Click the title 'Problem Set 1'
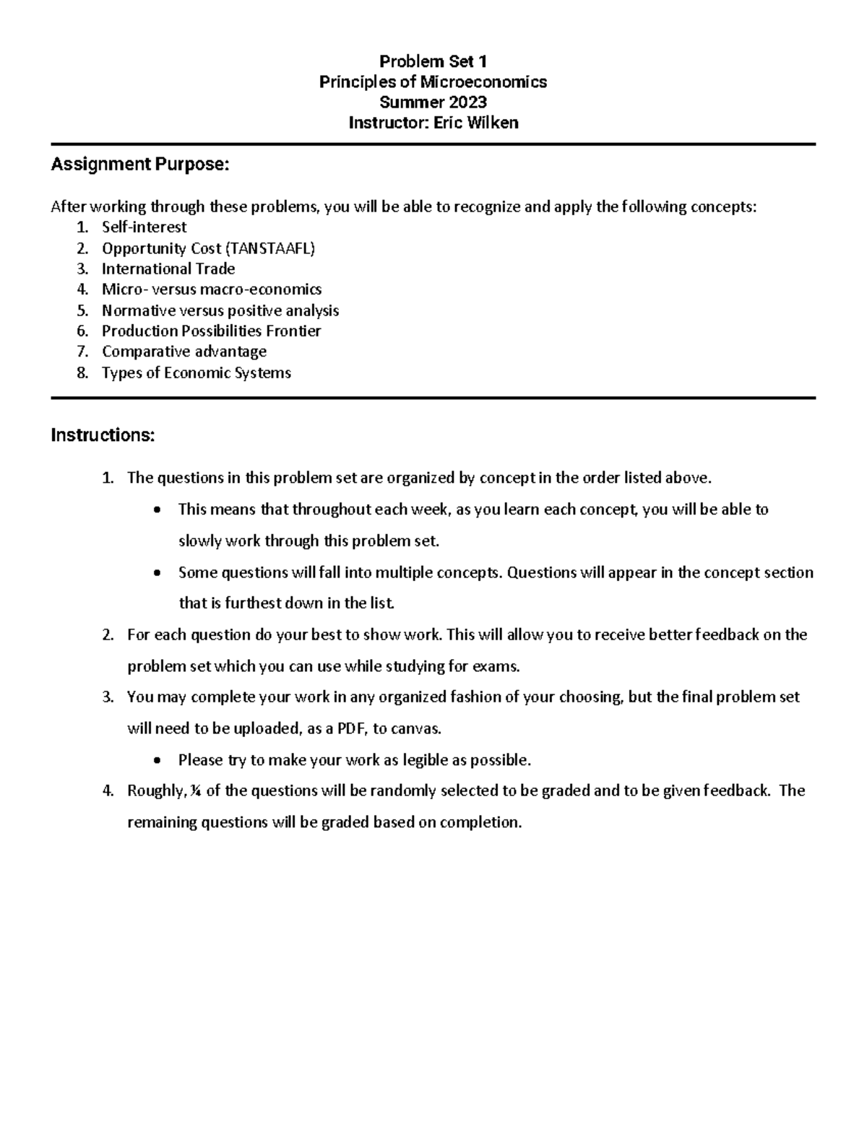(433, 61)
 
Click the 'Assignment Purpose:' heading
(139, 165)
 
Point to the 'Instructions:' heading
(103, 435)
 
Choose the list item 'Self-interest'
(144, 227)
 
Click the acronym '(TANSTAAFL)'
(271, 248)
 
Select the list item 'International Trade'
(168, 269)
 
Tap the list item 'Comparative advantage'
(184, 352)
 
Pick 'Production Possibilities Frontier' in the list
(211, 331)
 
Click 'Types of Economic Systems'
(197, 373)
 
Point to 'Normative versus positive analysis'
(220, 311)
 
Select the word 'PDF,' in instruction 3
(353, 728)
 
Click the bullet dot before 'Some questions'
(158, 573)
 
